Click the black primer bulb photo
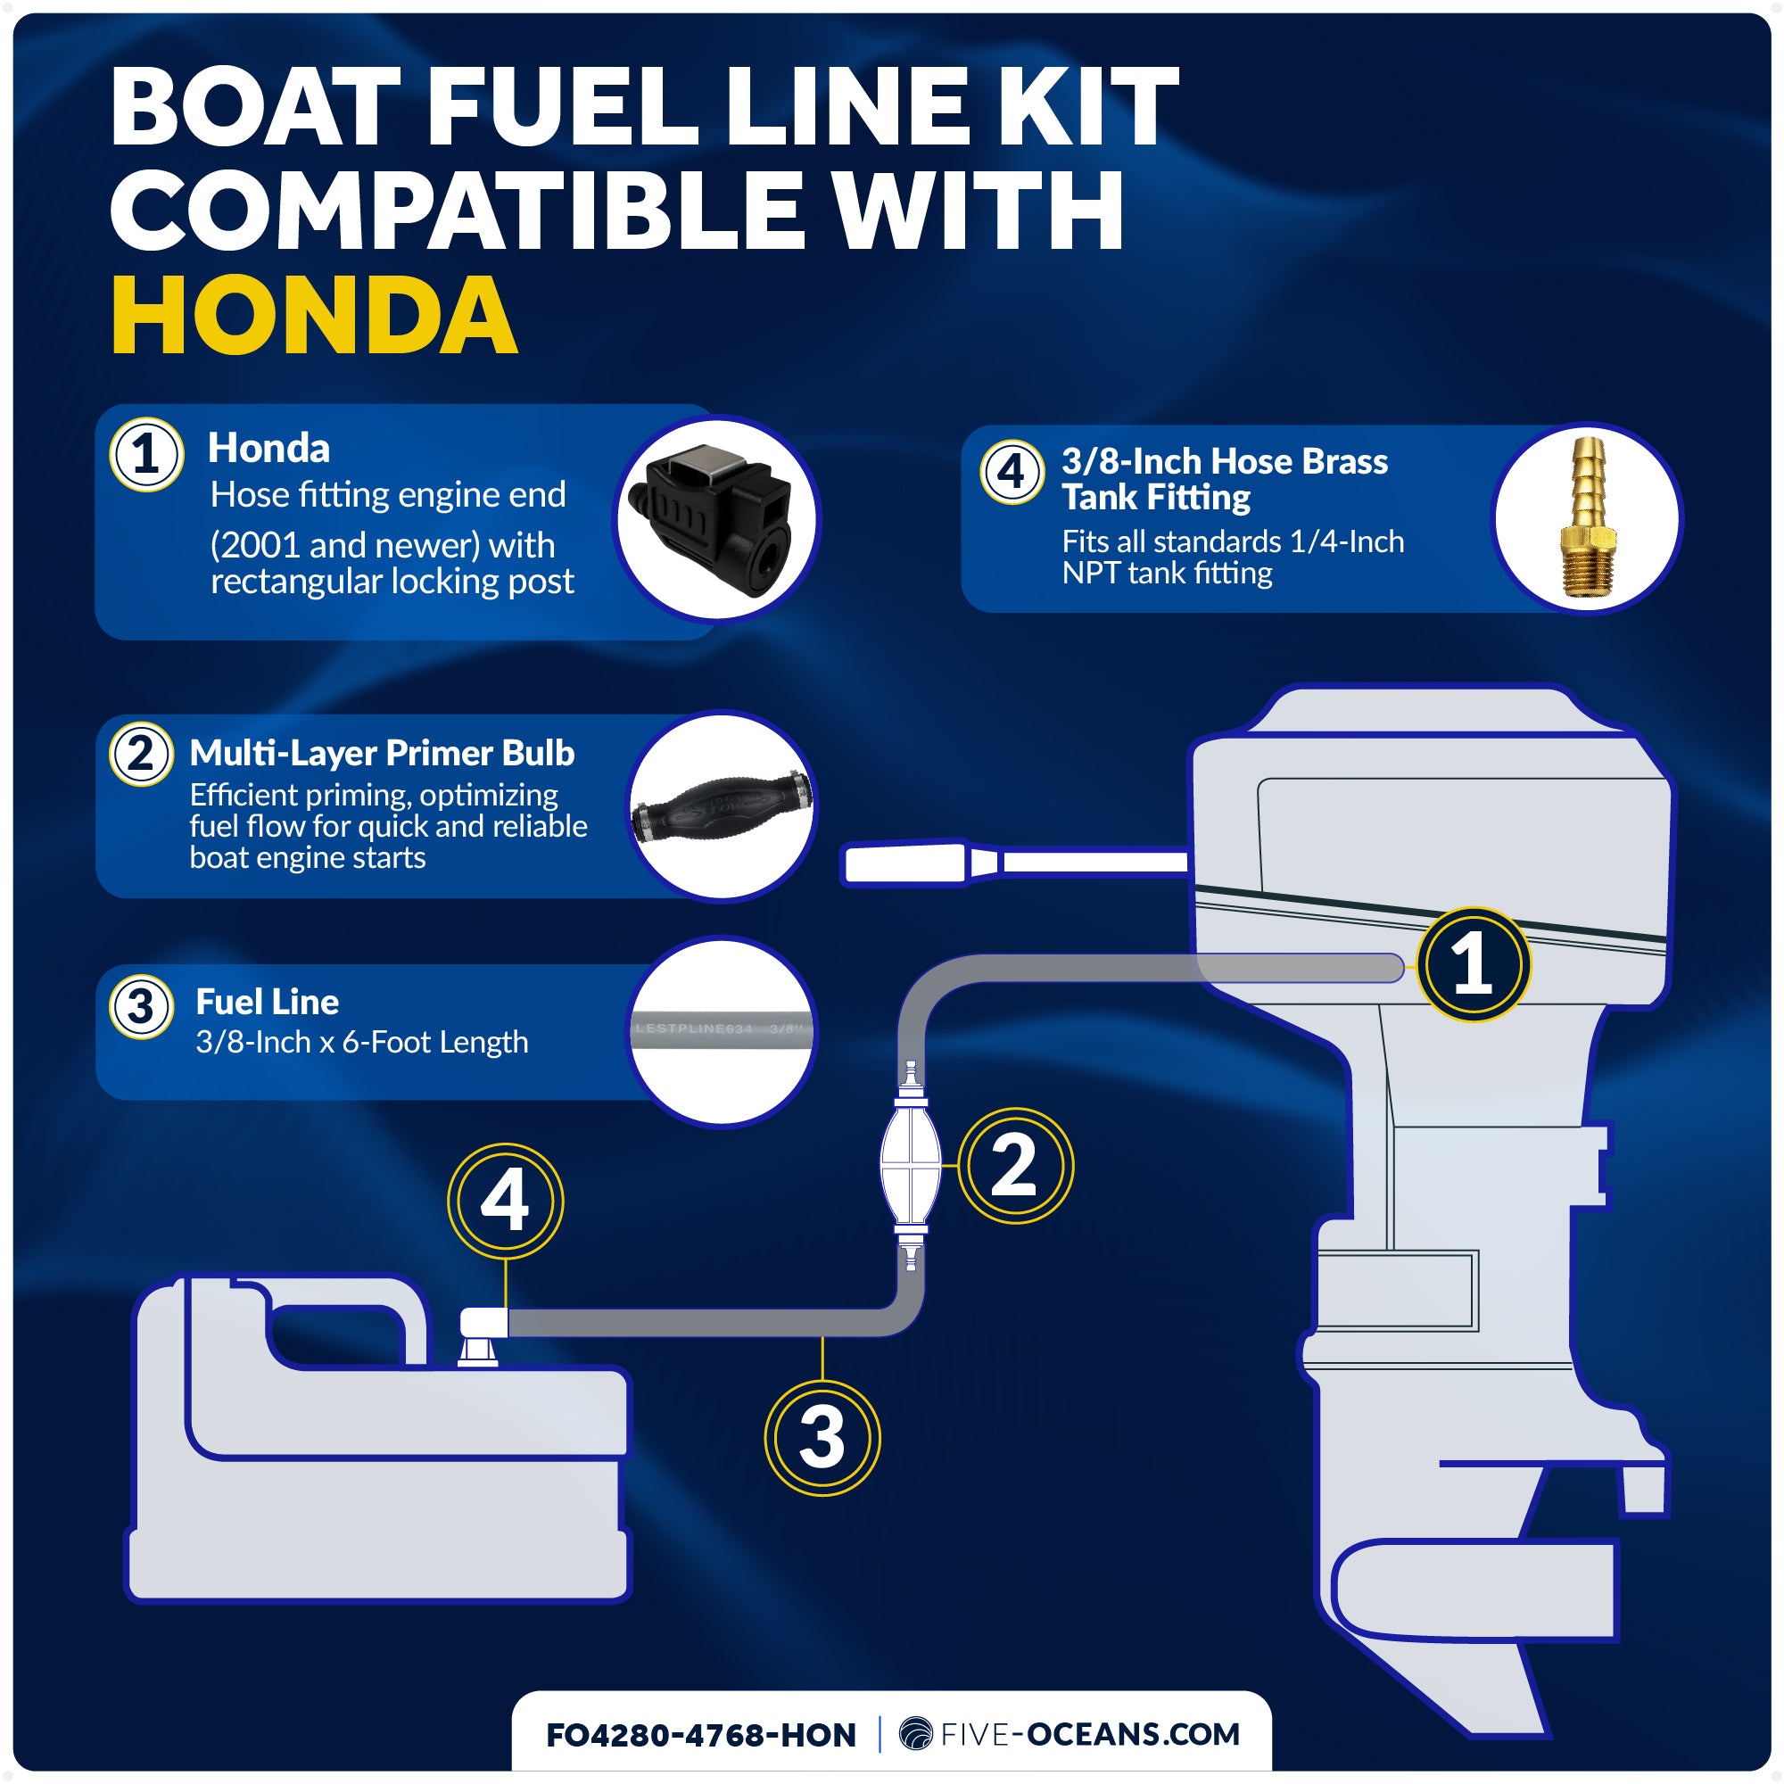click(x=721, y=805)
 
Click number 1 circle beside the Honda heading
click(x=146, y=454)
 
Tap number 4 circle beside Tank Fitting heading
click(x=1012, y=472)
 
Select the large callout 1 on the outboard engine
click(x=1473, y=964)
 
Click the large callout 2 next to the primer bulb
click(x=1015, y=1165)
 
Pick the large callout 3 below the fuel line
click(x=822, y=1438)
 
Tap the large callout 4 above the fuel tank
click(x=505, y=1201)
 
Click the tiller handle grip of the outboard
click(x=904, y=863)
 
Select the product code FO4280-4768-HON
click(x=701, y=1735)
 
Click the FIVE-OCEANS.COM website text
click(x=1090, y=1734)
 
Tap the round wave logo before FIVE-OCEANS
click(x=915, y=1733)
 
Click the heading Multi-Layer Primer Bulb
click(x=382, y=753)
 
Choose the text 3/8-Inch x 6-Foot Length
click(x=362, y=1042)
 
